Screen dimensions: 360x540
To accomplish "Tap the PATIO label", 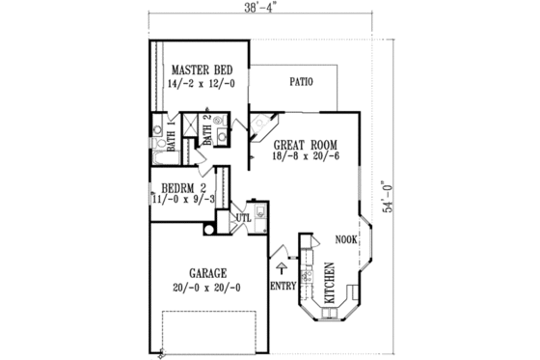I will coord(301,82).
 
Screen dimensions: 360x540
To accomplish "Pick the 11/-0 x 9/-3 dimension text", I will coord(182,199).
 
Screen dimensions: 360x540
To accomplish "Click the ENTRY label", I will coord(283,286).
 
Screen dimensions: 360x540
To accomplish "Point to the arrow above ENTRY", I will coord(282,263).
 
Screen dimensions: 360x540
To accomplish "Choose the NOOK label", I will coord(346,237).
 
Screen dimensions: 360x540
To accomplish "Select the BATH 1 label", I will coord(171,136).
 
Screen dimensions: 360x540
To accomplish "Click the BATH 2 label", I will coord(205,128).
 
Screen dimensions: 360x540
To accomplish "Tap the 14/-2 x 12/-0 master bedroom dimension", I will coord(203,85).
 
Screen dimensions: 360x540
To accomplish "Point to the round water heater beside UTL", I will coord(209,229).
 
